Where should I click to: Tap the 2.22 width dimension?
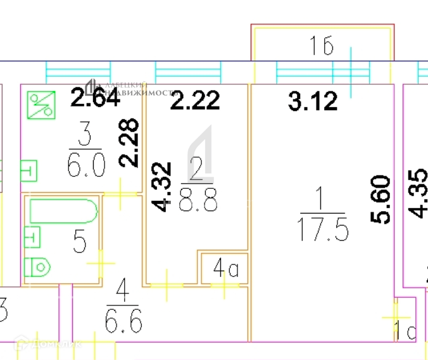(x=197, y=100)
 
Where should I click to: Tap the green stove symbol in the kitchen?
(x=41, y=104)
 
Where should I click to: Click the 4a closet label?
(x=225, y=270)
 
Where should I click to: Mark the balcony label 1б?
(x=321, y=46)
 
